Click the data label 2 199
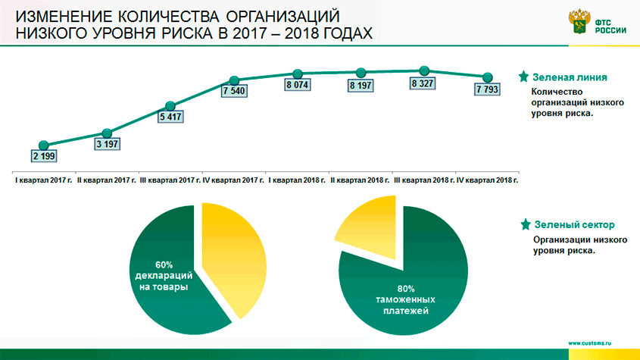tap(44, 156)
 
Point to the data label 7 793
tap(488, 89)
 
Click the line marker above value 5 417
tap(170, 106)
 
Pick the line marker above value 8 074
tap(297, 74)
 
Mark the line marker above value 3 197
tap(107, 133)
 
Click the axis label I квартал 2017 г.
tap(43, 181)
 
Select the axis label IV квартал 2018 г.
tap(490, 181)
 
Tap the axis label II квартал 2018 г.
tap(361, 181)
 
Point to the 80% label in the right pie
tap(406, 288)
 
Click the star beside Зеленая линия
tap(523, 77)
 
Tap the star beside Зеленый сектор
tap(523, 224)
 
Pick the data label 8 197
tap(361, 86)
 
